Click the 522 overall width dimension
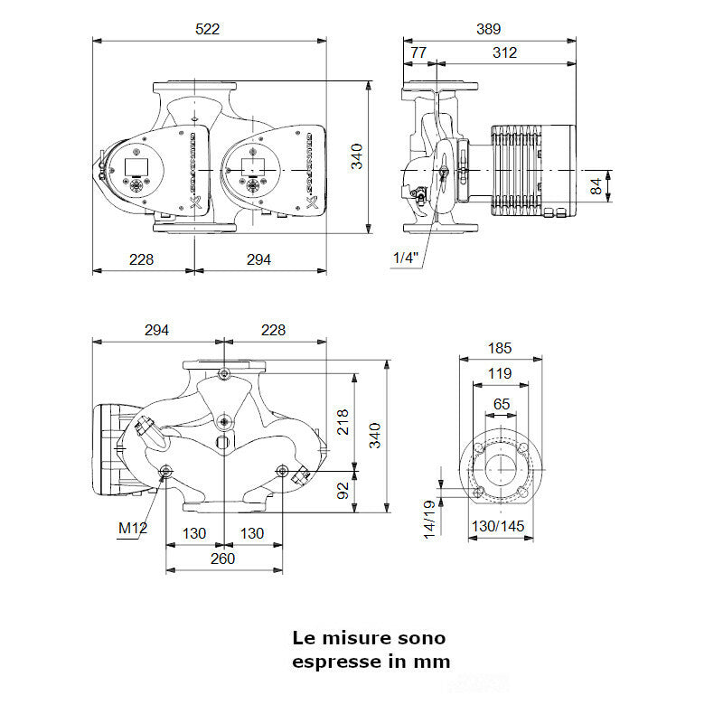point(209,29)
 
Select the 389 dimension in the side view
point(488,29)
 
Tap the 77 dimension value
point(418,53)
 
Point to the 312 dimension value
point(505,53)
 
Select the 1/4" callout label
point(406,258)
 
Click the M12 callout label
point(132,528)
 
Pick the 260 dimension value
point(222,559)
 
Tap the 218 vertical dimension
point(343,421)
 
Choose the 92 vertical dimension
point(343,490)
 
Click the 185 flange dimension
point(500,348)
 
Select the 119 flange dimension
point(500,373)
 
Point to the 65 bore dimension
point(501,404)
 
